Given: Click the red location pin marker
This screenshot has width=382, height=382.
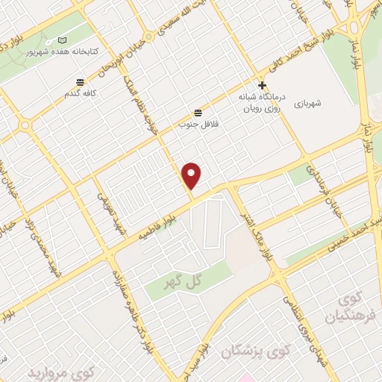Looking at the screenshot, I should [192, 175].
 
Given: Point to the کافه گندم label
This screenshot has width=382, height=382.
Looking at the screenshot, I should [80, 95].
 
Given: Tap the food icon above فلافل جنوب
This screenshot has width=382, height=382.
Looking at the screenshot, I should [197, 112].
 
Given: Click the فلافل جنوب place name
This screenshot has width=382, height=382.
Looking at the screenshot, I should [192, 124].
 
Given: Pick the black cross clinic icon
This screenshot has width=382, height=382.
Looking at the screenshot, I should [262, 85].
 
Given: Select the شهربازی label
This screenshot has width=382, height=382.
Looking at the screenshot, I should [306, 104].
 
